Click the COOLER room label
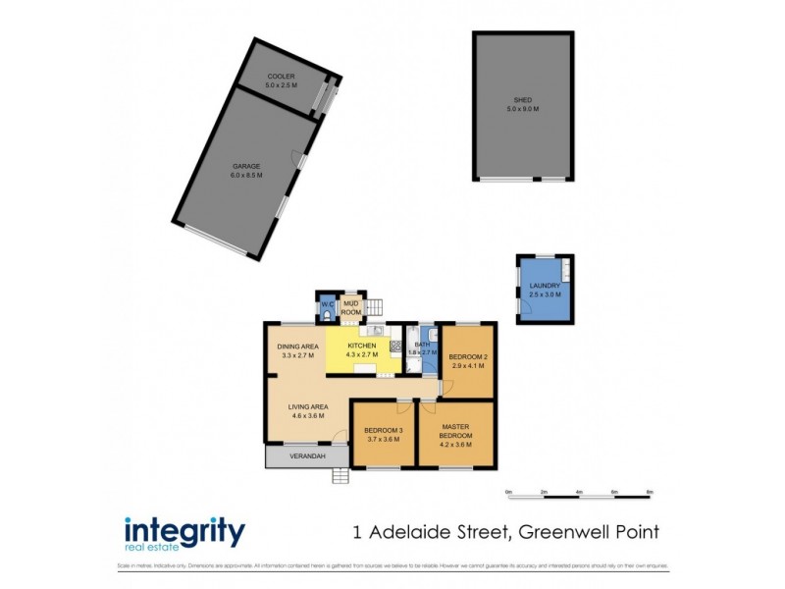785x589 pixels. click(x=280, y=77)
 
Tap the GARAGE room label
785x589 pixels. click(x=246, y=167)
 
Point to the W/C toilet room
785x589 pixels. click(x=327, y=308)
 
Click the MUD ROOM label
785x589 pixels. click(x=351, y=307)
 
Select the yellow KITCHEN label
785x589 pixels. click(x=362, y=347)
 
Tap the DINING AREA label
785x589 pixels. click(x=298, y=347)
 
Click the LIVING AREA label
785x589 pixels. click(x=307, y=407)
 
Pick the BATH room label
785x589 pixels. click(x=424, y=346)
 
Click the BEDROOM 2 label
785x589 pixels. click(x=468, y=356)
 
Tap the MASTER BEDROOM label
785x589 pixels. click(x=456, y=431)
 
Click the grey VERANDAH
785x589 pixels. click(x=305, y=456)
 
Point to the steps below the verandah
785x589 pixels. click(x=340, y=476)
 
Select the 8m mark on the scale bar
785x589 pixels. click(x=650, y=491)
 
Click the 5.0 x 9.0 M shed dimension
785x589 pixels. click(x=523, y=109)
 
